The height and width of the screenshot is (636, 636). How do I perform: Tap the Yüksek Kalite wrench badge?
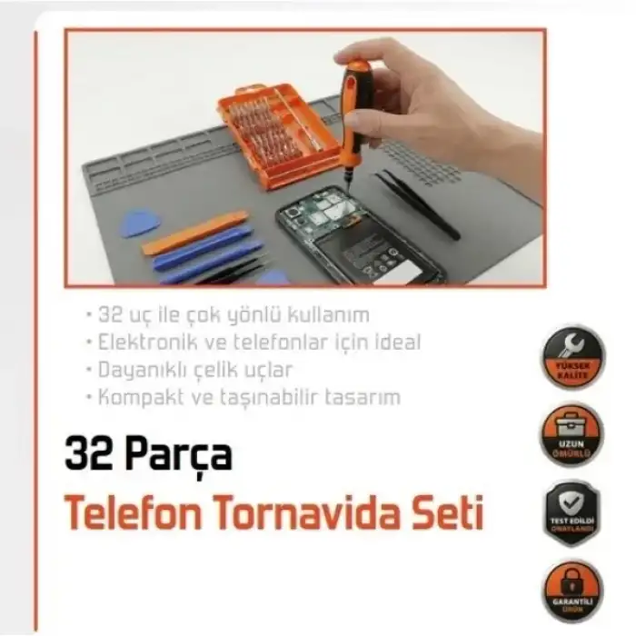(573, 356)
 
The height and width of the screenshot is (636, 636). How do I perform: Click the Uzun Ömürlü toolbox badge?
(573, 432)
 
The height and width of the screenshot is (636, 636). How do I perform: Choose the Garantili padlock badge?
(573, 585)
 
